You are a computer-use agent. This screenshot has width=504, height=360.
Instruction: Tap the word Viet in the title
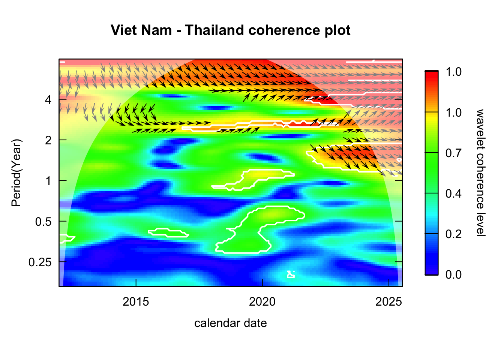click(124, 30)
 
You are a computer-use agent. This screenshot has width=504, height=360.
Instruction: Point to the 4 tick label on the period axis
click(48, 100)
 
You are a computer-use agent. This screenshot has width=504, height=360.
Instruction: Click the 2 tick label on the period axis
click(48, 140)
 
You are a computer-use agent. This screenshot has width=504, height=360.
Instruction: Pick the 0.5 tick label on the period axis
click(43, 222)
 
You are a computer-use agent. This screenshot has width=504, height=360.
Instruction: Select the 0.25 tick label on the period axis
click(40, 262)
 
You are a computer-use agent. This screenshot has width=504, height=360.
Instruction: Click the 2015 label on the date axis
click(136, 301)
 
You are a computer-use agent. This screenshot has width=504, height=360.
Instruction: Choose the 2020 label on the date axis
click(262, 301)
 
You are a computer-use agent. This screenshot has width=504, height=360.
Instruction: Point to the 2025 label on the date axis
click(388, 301)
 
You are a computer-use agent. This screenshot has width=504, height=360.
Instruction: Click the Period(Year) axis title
click(16, 173)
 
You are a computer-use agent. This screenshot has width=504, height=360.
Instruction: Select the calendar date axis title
click(230, 323)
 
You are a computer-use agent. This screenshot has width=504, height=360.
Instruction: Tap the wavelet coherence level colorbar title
click(480, 173)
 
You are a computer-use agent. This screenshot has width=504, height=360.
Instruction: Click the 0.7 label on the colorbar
click(453, 153)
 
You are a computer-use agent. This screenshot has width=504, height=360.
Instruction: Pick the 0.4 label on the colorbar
click(453, 193)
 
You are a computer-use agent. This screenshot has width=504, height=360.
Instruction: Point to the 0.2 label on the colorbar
click(453, 234)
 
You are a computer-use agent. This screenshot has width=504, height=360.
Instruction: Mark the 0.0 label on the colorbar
click(453, 275)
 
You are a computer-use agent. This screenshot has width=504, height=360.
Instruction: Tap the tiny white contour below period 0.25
click(291, 274)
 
